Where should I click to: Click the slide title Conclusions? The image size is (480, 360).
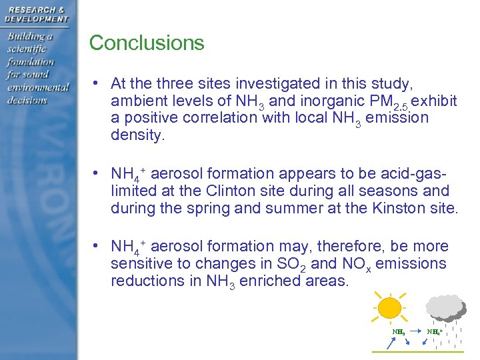coord(147,43)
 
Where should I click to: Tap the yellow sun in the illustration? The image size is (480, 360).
coord(390,309)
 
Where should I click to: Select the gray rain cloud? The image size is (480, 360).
coord(445,307)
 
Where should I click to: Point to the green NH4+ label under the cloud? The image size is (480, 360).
coord(435,331)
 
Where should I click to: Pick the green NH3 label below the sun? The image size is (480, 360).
coord(399,331)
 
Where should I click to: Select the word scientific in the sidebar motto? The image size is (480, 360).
coord(28,49)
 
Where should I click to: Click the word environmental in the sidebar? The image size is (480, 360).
coord(38,87)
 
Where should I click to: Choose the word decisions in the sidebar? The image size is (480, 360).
coord(27,100)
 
